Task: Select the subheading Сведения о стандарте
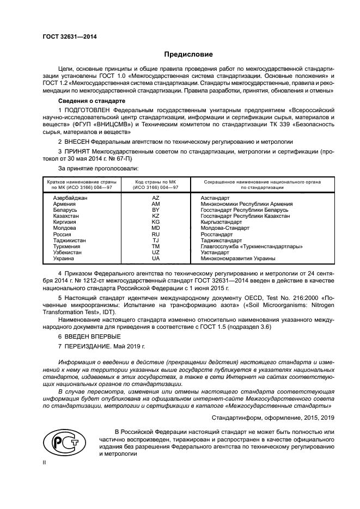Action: point(91,101)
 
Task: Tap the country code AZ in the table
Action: point(155,198)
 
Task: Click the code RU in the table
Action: point(155,234)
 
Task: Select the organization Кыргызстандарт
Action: point(221,222)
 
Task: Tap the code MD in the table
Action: point(155,228)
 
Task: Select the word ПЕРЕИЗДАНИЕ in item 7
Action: point(91,346)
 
